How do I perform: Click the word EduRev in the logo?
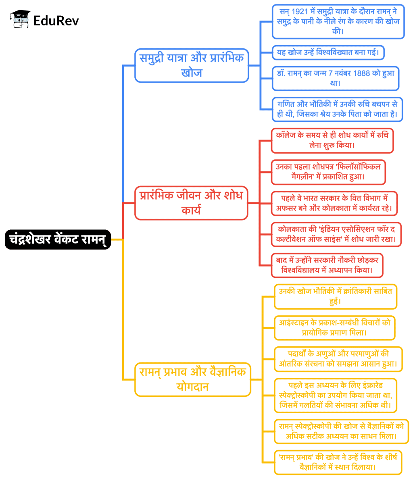tap(56, 20)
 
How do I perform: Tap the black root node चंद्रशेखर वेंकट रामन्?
tap(58, 239)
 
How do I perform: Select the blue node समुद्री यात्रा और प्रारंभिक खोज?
tap(192, 65)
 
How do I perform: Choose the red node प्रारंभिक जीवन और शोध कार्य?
tap(191, 203)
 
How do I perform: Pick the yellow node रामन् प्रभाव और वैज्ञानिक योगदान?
tap(192, 379)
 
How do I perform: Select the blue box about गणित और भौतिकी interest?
tap(337, 109)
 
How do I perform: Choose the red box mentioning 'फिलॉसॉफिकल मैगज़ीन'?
tap(328, 172)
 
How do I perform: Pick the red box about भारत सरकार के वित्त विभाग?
tap(334, 203)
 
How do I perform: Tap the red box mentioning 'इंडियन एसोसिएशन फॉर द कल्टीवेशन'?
tap(336, 234)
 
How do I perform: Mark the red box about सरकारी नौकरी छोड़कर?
tap(326, 265)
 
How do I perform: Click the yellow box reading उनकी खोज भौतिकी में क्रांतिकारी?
tap(335, 296)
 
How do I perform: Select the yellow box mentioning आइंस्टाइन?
tap(334, 328)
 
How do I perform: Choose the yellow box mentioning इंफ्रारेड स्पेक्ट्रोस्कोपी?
tap(335, 395)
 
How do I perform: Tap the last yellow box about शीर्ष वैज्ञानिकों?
tap(338, 462)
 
